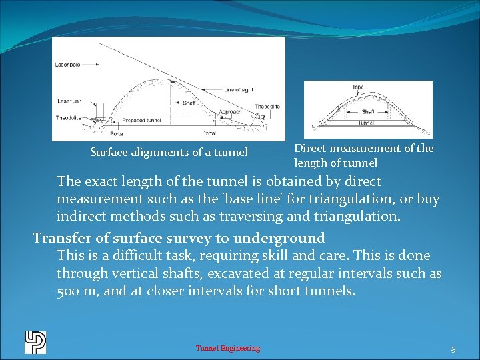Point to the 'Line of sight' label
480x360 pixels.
pyautogui.click(x=239, y=89)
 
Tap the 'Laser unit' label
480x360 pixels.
pyautogui.click(x=66, y=101)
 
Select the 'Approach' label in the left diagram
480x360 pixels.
pyautogui.click(x=231, y=112)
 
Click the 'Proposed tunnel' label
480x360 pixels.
pyautogui.click(x=141, y=121)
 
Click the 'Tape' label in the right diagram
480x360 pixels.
pyautogui.click(x=358, y=87)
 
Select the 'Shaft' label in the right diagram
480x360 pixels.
pyautogui.click(x=368, y=111)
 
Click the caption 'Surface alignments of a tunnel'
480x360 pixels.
pyautogui.click(x=169, y=153)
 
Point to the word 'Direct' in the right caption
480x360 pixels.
pyautogui.click(x=310, y=148)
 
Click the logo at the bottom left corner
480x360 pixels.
pyautogui.click(x=35, y=342)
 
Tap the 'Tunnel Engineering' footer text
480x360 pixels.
pyautogui.click(x=228, y=348)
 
